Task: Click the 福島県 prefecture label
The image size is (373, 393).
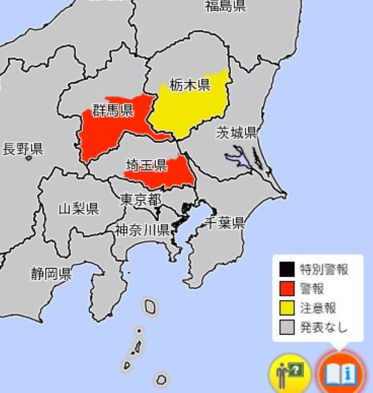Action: click(x=226, y=6)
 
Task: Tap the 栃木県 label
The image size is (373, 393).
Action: click(x=190, y=85)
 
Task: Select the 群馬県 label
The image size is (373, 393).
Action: click(x=113, y=111)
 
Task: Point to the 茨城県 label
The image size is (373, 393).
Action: click(x=236, y=133)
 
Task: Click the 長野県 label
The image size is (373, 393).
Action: click(x=22, y=149)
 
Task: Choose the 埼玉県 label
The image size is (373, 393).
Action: click(x=146, y=165)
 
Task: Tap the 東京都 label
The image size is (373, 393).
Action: click(x=140, y=200)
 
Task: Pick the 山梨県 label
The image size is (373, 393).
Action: click(x=79, y=208)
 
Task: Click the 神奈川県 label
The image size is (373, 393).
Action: click(x=142, y=229)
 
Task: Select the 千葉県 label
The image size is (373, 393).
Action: click(x=225, y=223)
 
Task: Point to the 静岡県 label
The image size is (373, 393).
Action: click(x=51, y=273)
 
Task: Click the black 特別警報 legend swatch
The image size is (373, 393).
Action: click(x=287, y=270)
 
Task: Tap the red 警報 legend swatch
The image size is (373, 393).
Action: click(x=287, y=289)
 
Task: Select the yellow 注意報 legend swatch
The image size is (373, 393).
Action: click(x=287, y=308)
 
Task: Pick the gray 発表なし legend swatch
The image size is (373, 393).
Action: click(x=287, y=328)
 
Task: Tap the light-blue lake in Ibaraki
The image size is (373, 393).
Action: click(x=237, y=157)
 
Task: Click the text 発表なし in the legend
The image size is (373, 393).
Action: click(x=325, y=328)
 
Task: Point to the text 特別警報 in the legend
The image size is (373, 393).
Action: click(x=325, y=270)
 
